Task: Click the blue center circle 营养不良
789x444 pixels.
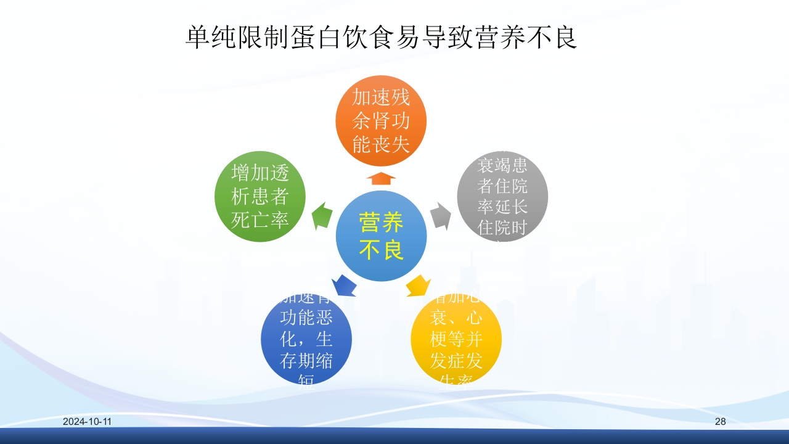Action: pos(381,236)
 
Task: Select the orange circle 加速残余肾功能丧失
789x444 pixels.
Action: pos(381,120)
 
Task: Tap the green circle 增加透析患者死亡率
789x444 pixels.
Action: pos(260,197)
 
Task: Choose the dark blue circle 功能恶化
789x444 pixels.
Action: pos(306,339)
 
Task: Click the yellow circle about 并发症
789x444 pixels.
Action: pos(456,339)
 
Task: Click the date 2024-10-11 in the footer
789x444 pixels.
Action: pos(87,422)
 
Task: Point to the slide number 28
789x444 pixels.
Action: pos(721,422)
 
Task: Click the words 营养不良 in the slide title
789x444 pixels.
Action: pos(527,38)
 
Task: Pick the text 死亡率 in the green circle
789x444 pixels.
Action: pos(260,220)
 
